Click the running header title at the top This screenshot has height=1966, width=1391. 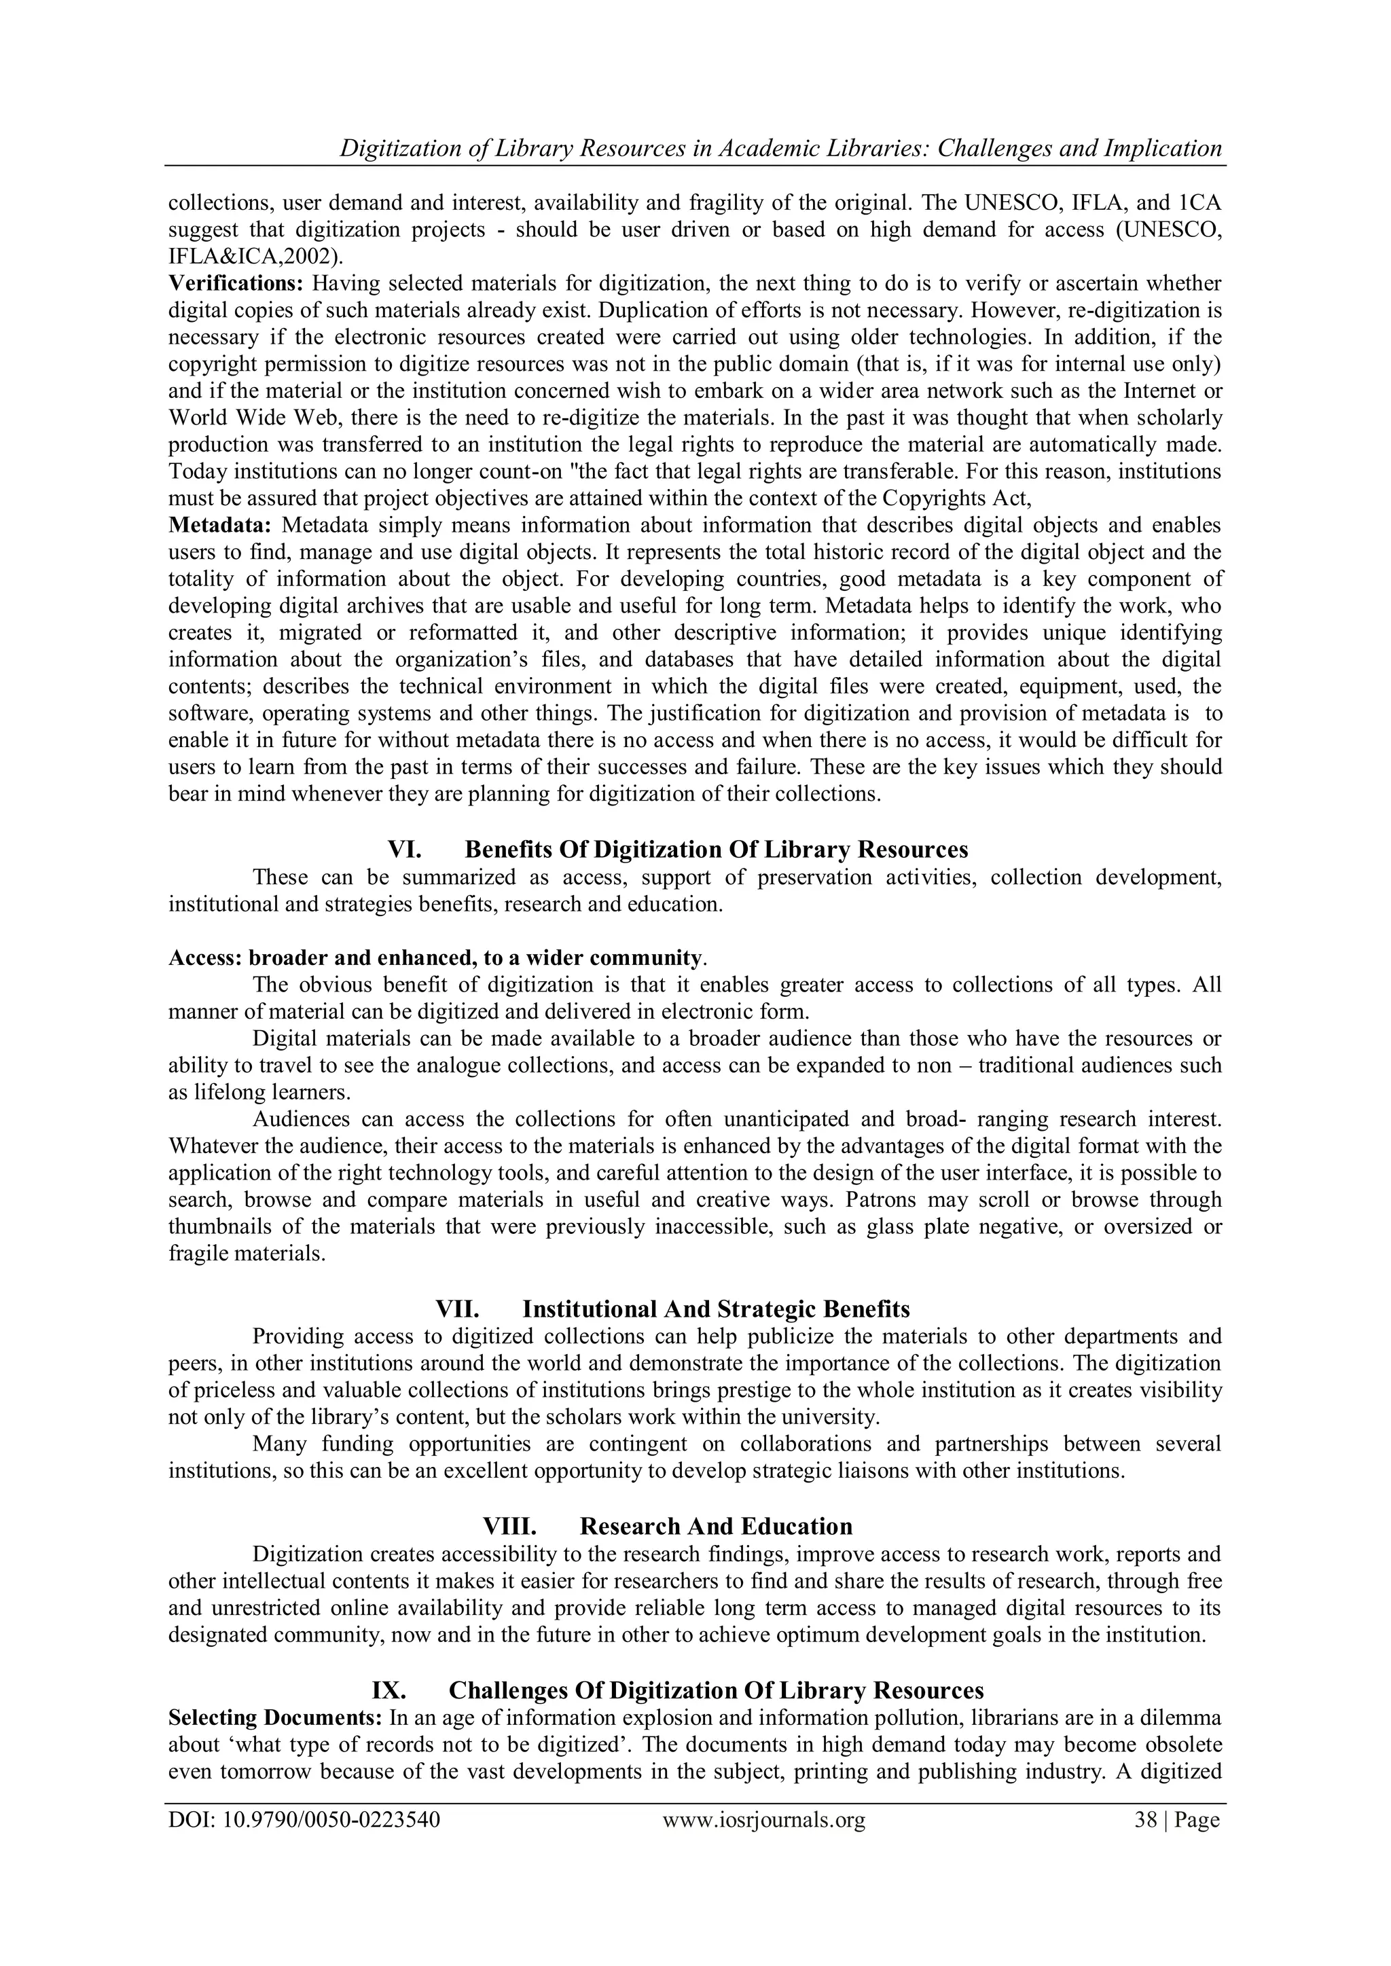(780, 148)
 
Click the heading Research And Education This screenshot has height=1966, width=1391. (716, 1527)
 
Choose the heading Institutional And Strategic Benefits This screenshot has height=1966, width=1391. (716, 1309)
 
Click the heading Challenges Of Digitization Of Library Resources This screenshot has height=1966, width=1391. (716, 1690)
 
